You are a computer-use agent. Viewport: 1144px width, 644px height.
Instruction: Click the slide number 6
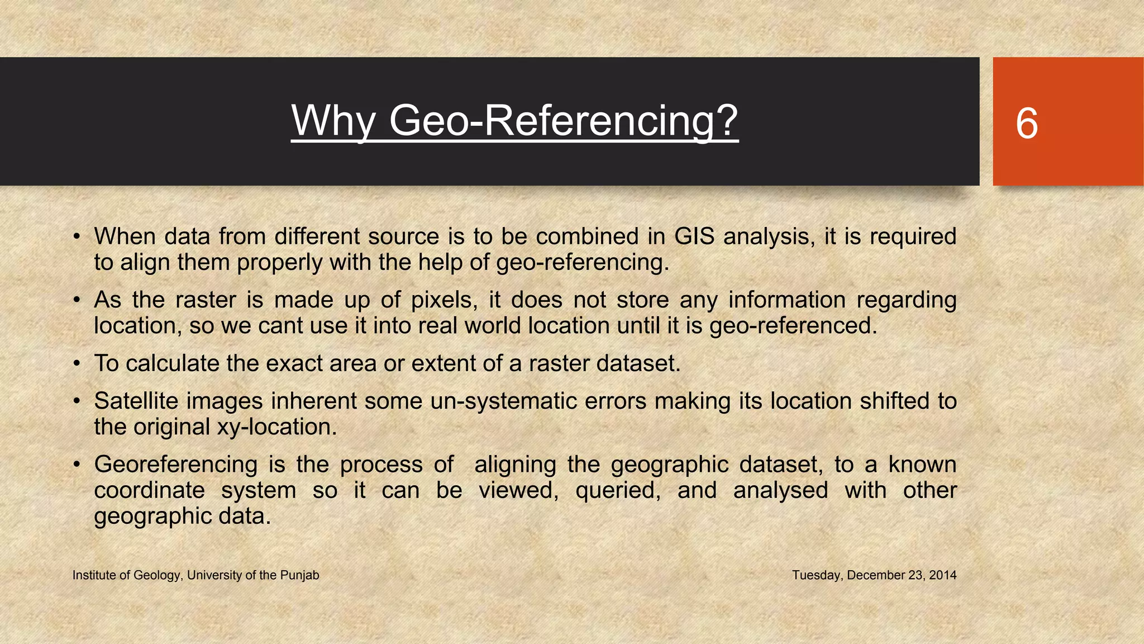1027,123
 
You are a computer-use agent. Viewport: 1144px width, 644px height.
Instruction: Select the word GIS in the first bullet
694,236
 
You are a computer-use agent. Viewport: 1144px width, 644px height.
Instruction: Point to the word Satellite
136,401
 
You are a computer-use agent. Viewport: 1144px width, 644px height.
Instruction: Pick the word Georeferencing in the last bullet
175,465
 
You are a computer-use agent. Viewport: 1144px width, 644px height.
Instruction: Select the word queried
618,490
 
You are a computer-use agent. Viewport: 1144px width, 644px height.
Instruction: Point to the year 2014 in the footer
943,575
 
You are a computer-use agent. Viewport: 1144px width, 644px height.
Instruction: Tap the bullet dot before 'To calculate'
78,364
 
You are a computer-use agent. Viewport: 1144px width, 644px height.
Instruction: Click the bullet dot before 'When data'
78,237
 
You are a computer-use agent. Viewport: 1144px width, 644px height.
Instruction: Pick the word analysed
780,490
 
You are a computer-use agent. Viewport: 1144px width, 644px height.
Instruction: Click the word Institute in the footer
94,575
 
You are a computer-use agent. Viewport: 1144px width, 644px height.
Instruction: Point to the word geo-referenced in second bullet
793,326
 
